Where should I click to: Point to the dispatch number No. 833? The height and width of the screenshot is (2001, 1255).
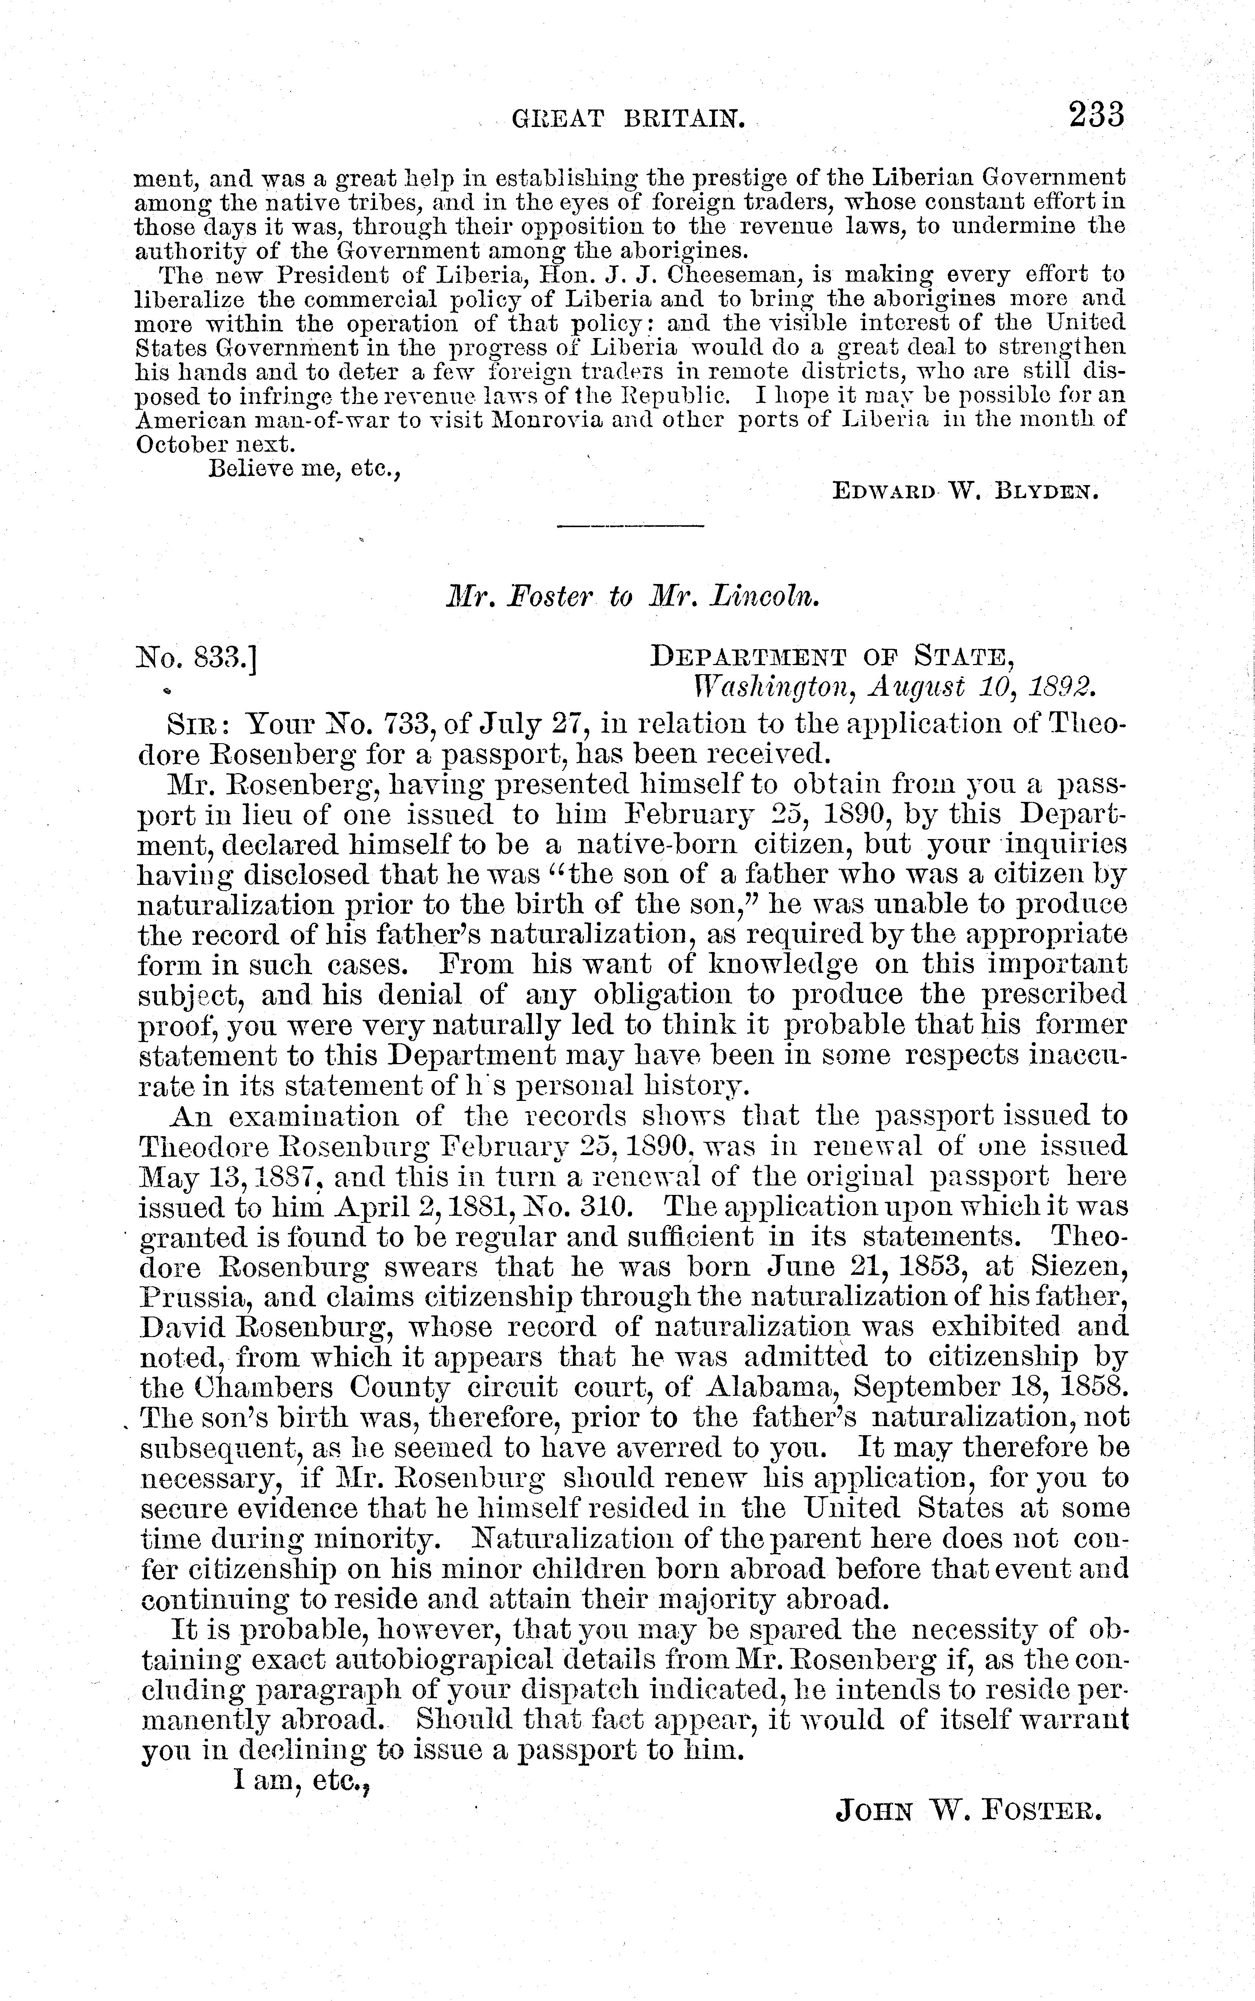[196, 658]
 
